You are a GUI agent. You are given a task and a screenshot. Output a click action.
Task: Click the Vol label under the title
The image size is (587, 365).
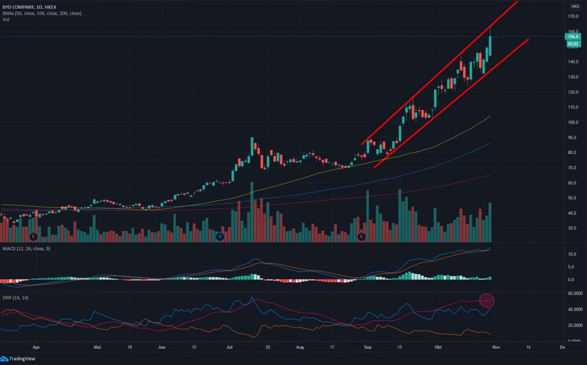5,19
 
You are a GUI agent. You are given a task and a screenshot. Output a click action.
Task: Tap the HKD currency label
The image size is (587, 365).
575,6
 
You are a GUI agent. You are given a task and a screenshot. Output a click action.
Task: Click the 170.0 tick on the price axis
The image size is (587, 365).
573,16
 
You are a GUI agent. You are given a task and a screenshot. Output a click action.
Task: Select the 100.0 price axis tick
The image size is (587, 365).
573,123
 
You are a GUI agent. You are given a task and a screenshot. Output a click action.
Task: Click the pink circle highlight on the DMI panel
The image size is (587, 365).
487,300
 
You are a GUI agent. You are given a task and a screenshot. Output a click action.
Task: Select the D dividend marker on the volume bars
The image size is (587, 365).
220,236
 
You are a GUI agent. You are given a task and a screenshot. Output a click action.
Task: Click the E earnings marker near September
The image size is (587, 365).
362,236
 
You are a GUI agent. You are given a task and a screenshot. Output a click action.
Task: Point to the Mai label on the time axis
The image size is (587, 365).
98,347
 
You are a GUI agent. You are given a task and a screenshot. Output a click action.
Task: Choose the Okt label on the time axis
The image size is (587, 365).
438,347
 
